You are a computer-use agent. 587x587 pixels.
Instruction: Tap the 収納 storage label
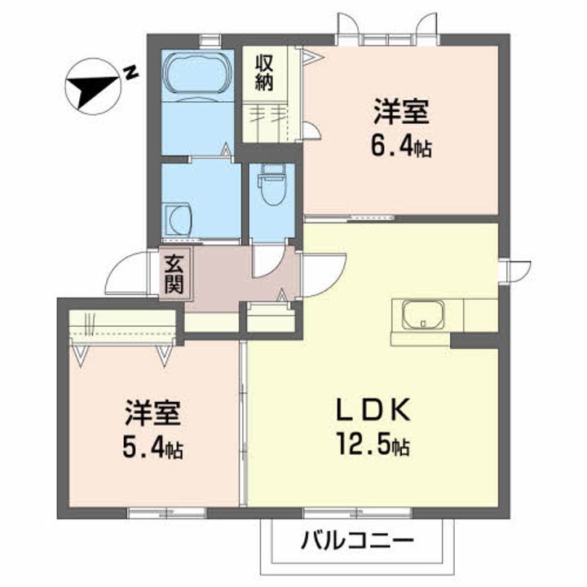click(x=265, y=72)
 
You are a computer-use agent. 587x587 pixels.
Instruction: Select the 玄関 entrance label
click(x=174, y=275)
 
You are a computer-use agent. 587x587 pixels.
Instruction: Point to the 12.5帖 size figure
click(x=372, y=447)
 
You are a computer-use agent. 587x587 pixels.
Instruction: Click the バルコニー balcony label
click(x=357, y=541)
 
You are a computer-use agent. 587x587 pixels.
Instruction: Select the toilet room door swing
click(x=266, y=261)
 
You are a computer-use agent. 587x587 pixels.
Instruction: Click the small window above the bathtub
click(x=211, y=37)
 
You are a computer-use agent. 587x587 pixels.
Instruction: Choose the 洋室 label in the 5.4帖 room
click(x=152, y=413)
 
